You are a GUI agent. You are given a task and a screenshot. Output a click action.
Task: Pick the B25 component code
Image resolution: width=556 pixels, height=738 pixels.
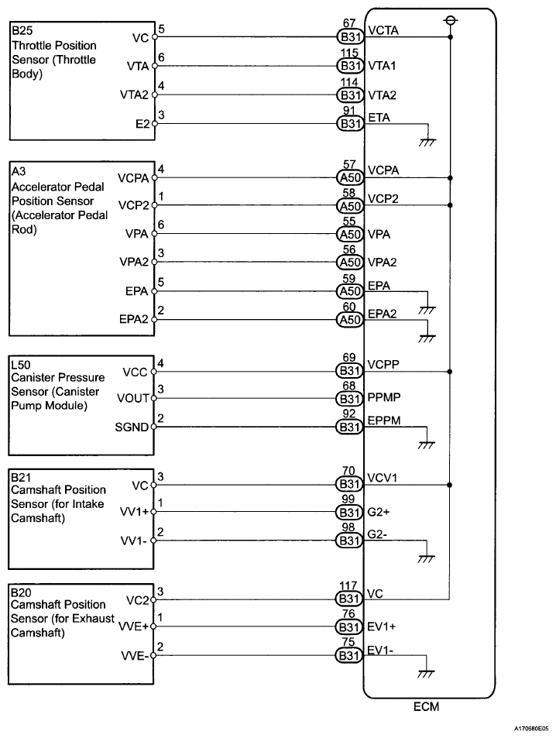pyautogui.click(x=21, y=32)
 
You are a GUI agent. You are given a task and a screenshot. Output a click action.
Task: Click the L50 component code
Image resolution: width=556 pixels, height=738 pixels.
pyautogui.click(x=20, y=363)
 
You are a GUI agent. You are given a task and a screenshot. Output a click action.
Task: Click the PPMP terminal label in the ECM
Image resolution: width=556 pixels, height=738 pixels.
pyautogui.click(x=385, y=398)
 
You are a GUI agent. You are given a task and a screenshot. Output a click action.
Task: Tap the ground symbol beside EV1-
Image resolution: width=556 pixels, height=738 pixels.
pyautogui.click(x=424, y=672)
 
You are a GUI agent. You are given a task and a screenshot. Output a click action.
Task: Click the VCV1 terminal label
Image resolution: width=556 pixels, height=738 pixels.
pyautogui.click(x=383, y=478)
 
